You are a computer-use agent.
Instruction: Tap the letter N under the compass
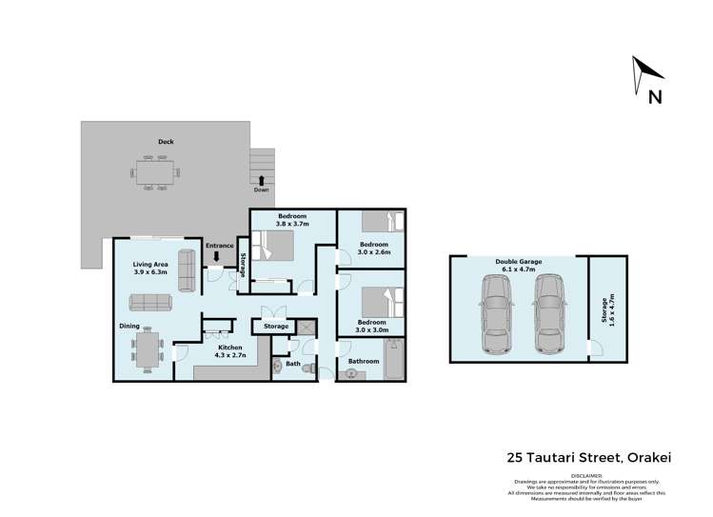coord(655,96)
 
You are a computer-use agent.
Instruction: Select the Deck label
coord(166,142)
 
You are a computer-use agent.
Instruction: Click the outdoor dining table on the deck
coord(153,173)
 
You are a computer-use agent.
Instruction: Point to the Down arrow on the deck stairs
coord(261,179)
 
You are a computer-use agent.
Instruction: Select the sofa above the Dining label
coord(149,303)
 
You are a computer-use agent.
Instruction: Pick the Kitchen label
coord(230,348)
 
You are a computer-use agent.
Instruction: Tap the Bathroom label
coord(364,362)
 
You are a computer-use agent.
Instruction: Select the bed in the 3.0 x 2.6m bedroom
coord(389,224)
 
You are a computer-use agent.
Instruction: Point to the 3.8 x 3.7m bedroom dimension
coord(293,226)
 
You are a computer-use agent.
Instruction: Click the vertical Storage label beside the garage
coord(603,308)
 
